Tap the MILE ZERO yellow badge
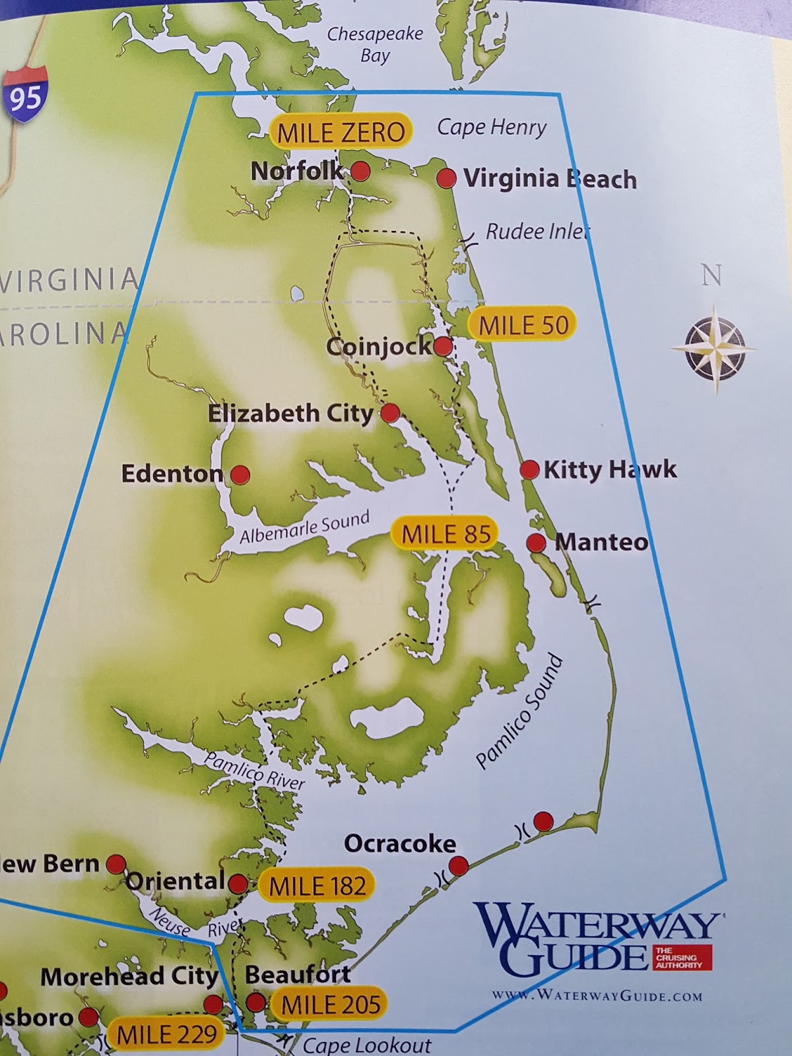point(341,132)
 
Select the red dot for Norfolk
point(360,172)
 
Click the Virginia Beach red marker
point(447,178)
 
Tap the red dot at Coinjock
point(443,346)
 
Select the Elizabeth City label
point(290,414)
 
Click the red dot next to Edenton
point(240,474)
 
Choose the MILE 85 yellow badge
point(446,534)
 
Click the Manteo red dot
point(536,543)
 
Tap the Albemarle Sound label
point(304,528)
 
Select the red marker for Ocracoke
point(458,865)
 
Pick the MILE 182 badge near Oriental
point(317,886)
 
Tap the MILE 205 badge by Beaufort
point(331,1005)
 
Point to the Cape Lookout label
point(366,1045)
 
